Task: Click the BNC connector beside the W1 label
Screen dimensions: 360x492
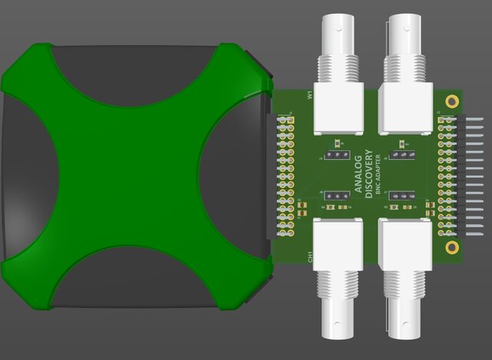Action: coord(338,77)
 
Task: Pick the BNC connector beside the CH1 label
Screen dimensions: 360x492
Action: coord(338,277)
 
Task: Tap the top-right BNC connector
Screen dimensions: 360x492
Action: coord(404,77)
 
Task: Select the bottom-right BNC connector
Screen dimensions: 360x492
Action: coord(404,277)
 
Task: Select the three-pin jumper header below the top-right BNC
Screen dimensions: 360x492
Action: coord(399,156)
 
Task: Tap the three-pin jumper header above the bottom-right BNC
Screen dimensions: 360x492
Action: coord(399,196)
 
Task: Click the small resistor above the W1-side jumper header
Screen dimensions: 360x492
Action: coord(338,144)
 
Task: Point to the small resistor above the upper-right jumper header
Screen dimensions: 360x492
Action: coord(401,144)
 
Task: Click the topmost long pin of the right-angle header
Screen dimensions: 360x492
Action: coord(471,118)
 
